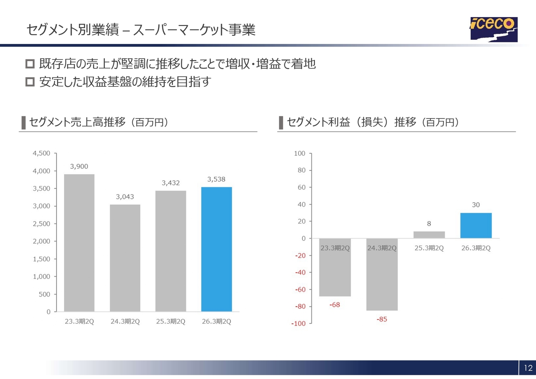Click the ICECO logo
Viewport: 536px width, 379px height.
coord(493,29)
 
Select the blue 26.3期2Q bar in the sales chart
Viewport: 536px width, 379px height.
coord(216,249)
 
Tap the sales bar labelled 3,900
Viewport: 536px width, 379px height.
coord(79,243)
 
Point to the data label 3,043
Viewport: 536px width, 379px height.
coord(125,196)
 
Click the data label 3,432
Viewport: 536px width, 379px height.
coord(171,183)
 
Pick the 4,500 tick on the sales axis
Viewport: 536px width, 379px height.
coord(41,153)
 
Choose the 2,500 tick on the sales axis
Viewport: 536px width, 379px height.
coord(41,224)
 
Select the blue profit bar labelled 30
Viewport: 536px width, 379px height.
coord(476,225)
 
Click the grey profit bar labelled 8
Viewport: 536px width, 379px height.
coord(429,235)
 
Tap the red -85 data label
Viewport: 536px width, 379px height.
coord(382,320)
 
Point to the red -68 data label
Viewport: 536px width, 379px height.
coord(335,305)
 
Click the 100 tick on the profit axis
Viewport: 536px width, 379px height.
coord(299,153)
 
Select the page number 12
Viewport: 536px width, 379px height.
coord(528,368)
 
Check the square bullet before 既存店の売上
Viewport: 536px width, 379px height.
coord(30,64)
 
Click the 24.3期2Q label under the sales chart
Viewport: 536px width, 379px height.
coord(125,322)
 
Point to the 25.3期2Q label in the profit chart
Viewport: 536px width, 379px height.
coord(429,248)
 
